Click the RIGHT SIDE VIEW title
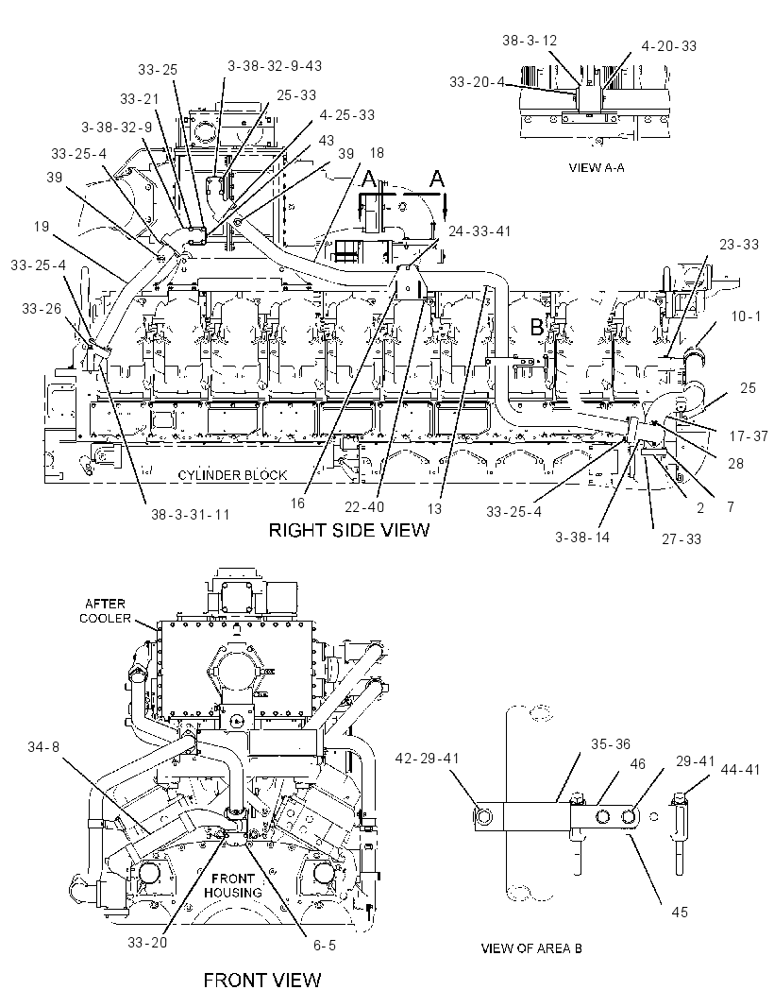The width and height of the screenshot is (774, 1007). [x=348, y=530]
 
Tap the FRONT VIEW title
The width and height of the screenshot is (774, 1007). [x=261, y=980]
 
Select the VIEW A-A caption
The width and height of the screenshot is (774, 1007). [x=597, y=167]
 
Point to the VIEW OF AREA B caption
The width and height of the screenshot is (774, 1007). [x=531, y=947]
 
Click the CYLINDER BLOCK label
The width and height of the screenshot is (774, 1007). [x=232, y=475]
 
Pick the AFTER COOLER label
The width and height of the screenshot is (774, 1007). [x=106, y=611]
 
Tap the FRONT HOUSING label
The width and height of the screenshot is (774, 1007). [x=233, y=886]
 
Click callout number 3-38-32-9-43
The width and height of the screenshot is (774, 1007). [x=275, y=65]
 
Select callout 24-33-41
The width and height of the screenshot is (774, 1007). [x=480, y=231]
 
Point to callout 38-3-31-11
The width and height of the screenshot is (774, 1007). [x=190, y=515]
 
